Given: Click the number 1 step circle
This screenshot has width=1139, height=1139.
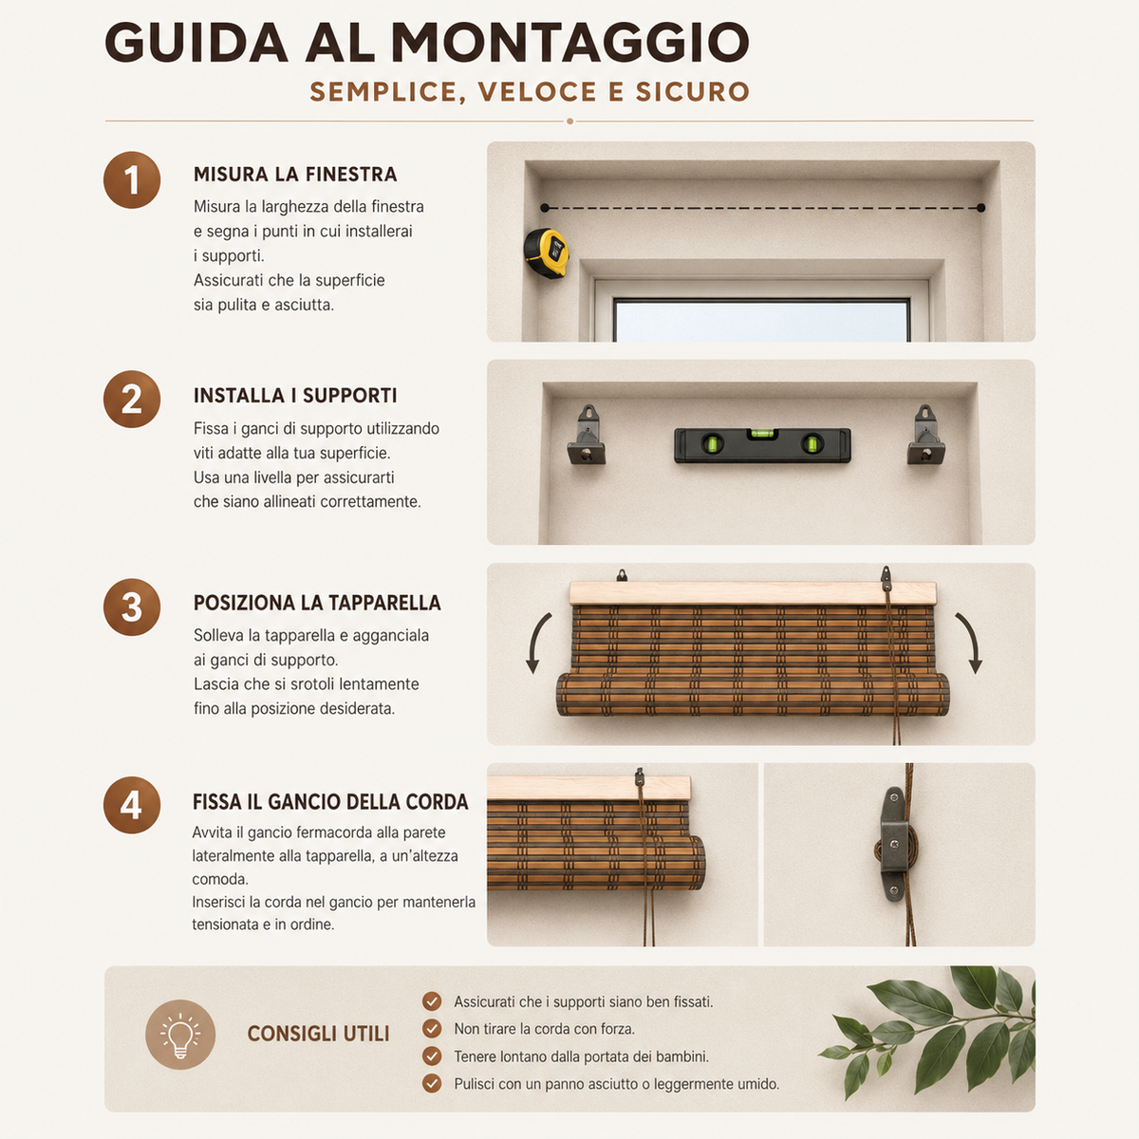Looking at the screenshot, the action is pyautogui.click(x=132, y=179).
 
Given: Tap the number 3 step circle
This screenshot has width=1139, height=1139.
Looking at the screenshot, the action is pyautogui.click(x=132, y=607).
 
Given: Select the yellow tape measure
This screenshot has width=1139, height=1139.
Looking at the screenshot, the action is pyautogui.click(x=547, y=253).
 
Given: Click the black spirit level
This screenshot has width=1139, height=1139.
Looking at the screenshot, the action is pyautogui.click(x=762, y=445).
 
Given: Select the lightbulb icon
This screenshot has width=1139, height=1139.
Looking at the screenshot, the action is pyautogui.click(x=180, y=1035).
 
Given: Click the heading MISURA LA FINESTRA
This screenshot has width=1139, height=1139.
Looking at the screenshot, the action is pyautogui.click(x=295, y=175).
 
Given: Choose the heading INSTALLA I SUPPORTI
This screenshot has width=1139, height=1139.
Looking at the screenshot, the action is pyautogui.click(x=295, y=396).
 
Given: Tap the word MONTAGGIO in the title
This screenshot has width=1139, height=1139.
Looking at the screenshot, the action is pyautogui.click(x=569, y=42).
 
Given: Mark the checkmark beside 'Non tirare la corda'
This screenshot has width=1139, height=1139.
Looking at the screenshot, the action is pyautogui.click(x=432, y=1029).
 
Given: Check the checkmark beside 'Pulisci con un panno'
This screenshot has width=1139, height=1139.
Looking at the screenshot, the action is pyautogui.click(x=432, y=1083).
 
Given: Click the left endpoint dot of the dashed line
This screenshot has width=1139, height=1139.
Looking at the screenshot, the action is pyautogui.click(x=545, y=208).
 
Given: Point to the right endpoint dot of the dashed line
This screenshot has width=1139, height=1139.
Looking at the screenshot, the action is pyautogui.click(x=981, y=208).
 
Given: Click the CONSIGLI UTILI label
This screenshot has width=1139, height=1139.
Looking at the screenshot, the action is pyautogui.click(x=318, y=1034).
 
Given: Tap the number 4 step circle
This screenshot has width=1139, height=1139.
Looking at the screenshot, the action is pyautogui.click(x=132, y=805).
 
